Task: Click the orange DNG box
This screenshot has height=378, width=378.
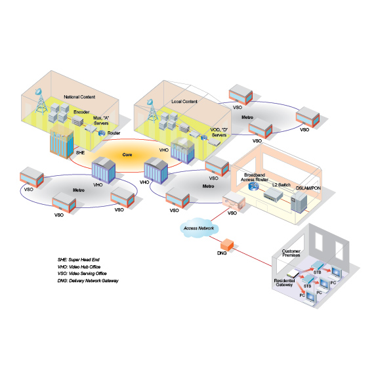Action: click(x=227, y=245)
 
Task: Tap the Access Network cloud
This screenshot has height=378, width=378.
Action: click(x=199, y=228)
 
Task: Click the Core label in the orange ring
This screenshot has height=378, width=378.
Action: click(x=127, y=155)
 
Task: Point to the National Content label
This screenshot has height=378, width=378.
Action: click(x=79, y=97)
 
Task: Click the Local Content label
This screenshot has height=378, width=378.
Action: click(x=184, y=102)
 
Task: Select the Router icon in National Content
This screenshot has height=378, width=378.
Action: click(x=102, y=133)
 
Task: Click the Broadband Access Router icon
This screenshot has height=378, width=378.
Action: click(x=253, y=186)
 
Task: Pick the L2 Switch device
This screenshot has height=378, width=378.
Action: click(x=273, y=194)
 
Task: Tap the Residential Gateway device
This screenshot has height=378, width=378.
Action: click(x=293, y=274)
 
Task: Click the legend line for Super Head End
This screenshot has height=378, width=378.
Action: click(x=78, y=260)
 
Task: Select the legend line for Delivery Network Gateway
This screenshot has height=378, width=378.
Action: click(x=88, y=281)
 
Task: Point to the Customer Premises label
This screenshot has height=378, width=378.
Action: click(x=291, y=253)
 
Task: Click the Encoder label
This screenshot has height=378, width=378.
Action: click(x=81, y=112)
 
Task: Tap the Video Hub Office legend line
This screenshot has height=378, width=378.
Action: click(x=79, y=267)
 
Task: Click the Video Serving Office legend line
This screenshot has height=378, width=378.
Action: click(x=82, y=274)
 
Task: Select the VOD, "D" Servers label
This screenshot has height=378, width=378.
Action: click(x=219, y=133)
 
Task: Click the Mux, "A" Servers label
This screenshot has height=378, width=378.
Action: click(x=101, y=121)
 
